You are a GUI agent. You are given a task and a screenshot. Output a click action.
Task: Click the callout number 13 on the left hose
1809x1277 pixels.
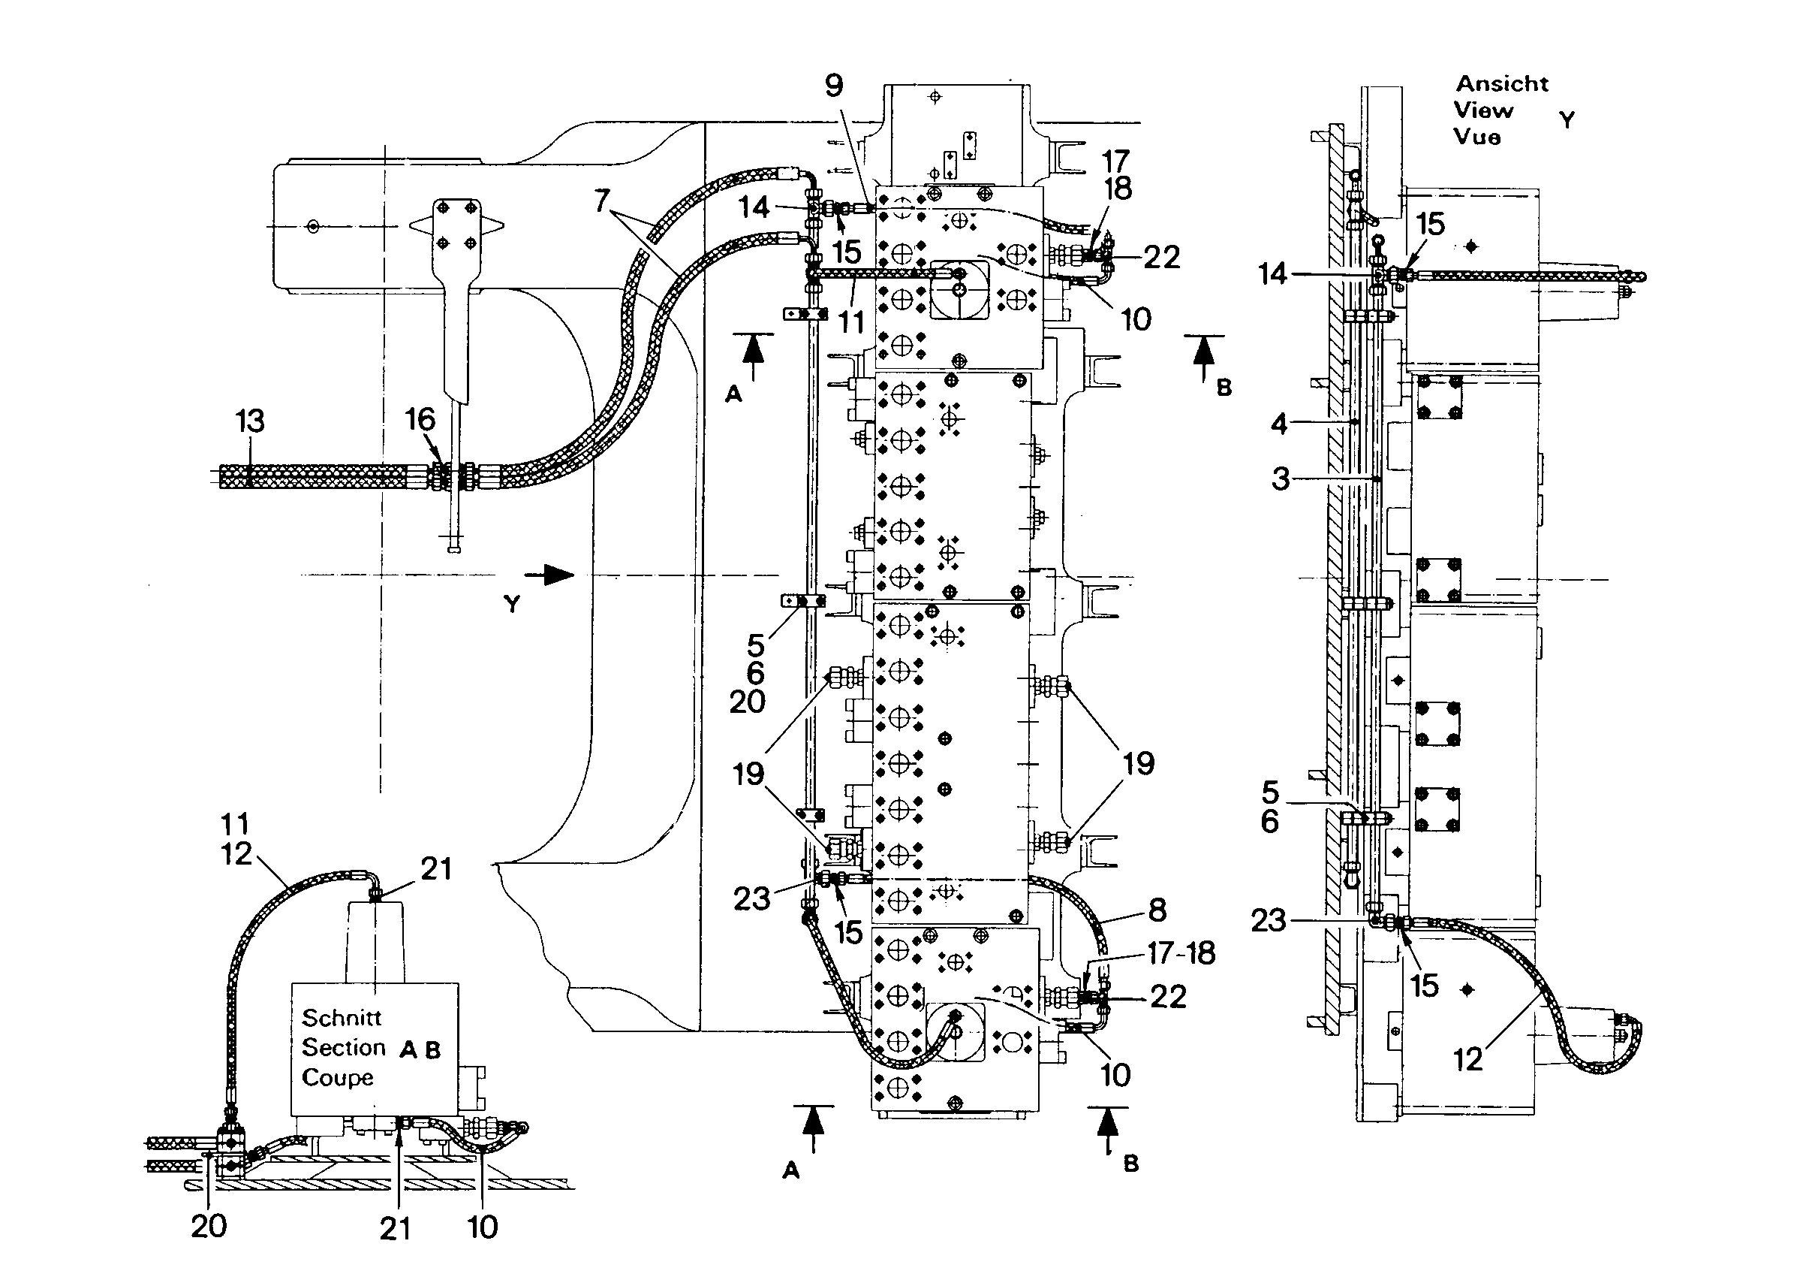[x=250, y=421]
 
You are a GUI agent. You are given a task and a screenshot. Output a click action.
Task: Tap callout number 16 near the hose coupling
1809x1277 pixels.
[x=420, y=419]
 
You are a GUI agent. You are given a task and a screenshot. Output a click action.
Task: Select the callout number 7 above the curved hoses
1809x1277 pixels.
[x=602, y=201]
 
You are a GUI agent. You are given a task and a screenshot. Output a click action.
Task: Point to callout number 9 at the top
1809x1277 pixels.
[x=835, y=85]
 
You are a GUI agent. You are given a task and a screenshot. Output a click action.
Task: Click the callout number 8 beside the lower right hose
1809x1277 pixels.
[x=1157, y=910]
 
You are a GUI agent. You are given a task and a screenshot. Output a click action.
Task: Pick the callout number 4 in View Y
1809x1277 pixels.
[x=1279, y=424]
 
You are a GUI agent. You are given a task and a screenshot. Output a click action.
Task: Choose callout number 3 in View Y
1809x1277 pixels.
[x=1281, y=478]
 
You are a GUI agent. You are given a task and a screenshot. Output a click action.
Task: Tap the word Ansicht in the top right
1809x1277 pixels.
[x=1502, y=83]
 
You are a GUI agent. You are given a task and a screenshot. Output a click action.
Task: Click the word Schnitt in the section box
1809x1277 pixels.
[x=341, y=1018]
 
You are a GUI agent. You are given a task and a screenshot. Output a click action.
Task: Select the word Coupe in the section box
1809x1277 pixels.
[x=337, y=1078]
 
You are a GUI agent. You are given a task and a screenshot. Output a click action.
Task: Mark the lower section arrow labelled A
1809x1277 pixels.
[x=812, y=1130]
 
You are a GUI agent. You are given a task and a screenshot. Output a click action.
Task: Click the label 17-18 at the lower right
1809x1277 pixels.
[x=1181, y=953]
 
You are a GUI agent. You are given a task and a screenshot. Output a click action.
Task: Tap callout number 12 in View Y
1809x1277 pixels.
[x=1468, y=1059]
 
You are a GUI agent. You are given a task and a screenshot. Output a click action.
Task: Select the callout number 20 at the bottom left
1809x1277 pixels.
[x=209, y=1226]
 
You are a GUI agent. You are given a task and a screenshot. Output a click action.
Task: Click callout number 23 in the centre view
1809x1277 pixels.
[x=751, y=898]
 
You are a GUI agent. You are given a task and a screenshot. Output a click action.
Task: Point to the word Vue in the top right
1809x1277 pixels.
[x=1477, y=137]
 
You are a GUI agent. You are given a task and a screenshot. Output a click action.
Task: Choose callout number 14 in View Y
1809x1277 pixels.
[x=1272, y=274]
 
